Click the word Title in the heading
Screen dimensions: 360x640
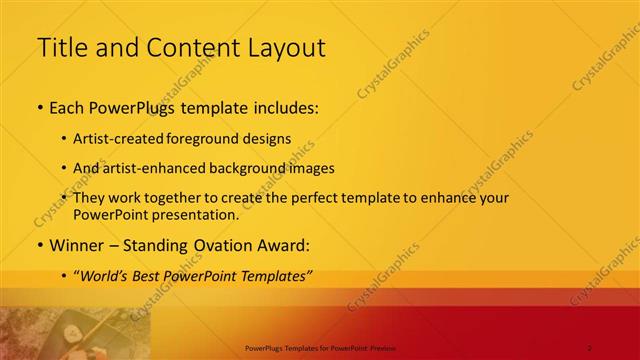(58, 46)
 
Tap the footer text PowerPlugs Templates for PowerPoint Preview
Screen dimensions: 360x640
(320, 347)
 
